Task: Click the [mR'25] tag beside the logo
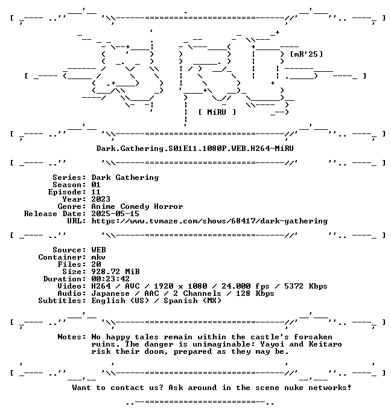pos(307,54)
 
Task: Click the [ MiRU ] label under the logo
pos(217,112)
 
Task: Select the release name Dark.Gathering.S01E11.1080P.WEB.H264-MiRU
pos(195,149)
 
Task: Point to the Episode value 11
pos(96,192)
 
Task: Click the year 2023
pos(101,199)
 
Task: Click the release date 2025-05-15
pos(115,214)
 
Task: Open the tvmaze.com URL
pos(209,221)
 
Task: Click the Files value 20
pos(96,264)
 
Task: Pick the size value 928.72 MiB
pos(115,272)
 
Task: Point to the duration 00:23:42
pos(110,279)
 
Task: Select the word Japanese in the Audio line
pos(110,293)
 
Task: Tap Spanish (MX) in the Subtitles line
pos(192,301)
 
